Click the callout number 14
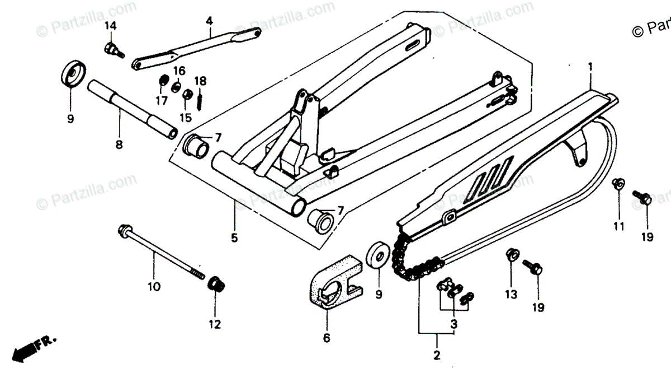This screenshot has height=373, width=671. coord(110,26)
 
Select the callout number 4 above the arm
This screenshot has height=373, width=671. coord(209,21)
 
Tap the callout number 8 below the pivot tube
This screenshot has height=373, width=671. coord(119,144)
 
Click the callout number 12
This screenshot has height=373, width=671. coord(215,324)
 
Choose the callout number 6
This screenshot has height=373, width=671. coord(327,338)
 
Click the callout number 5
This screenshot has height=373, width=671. coord(234,237)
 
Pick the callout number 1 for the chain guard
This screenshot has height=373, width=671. coord(589,68)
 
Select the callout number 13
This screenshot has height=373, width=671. coord(511,294)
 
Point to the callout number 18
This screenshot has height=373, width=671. coord(200,81)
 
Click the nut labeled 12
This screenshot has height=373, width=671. coord(215,284)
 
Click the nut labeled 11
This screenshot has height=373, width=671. coord(618,184)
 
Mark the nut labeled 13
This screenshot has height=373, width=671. coord(511,255)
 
